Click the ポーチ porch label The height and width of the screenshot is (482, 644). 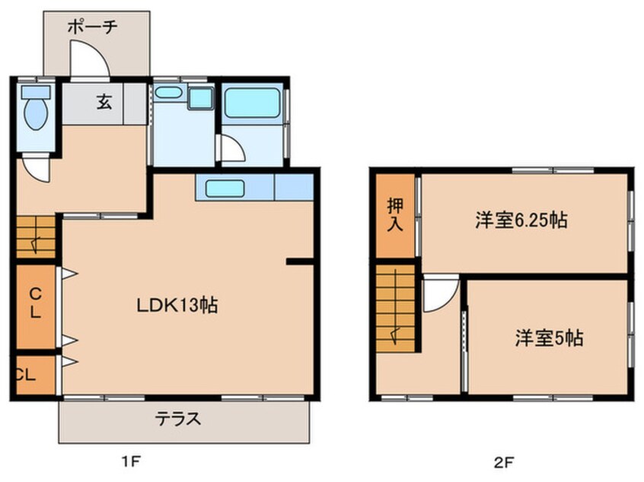(x=93, y=27)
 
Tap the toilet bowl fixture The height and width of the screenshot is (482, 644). (x=36, y=108)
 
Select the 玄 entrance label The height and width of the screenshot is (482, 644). (x=104, y=102)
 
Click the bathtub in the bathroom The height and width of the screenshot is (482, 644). (x=252, y=103)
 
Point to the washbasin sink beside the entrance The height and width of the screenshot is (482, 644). (x=168, y=92)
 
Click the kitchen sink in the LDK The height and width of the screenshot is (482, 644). (x=225, y=189)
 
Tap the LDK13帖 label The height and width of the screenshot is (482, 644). (x=177, y=306)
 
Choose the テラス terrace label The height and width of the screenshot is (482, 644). (x=178, y=419)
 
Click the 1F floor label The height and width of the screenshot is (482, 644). (x=131, y=462)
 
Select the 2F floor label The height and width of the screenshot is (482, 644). (x=503, y=463)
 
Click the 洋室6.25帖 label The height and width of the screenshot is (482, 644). (x=521, y=220)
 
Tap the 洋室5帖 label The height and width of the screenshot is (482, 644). (x=549, y=338)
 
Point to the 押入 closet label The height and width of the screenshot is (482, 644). (x=395, y=215)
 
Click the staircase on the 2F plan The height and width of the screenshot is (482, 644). (x=396, y=309)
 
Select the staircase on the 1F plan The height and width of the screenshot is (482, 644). (x=36, y=236)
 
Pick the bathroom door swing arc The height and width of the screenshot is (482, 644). (x=233, y=147)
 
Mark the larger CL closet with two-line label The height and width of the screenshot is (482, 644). (x=36, y=306)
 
